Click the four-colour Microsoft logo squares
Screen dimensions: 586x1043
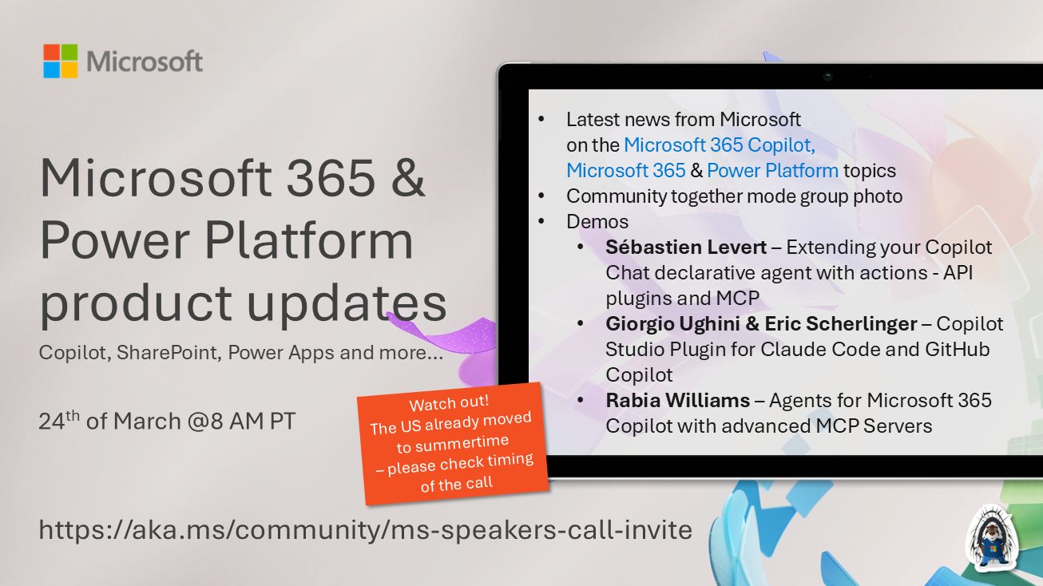[61, 61]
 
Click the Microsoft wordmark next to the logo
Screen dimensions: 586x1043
[145, 61]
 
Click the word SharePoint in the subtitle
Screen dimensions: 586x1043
[168, 352]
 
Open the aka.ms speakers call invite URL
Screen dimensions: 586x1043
[366, 529]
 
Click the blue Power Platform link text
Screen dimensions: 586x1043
[772, 170]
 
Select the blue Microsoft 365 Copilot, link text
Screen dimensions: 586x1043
[719, 145]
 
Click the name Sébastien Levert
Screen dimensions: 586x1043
[684, 247]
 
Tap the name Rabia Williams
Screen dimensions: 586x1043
[677, 400]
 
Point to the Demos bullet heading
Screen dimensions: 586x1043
[597, 221]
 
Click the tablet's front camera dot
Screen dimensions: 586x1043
[828, 77]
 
